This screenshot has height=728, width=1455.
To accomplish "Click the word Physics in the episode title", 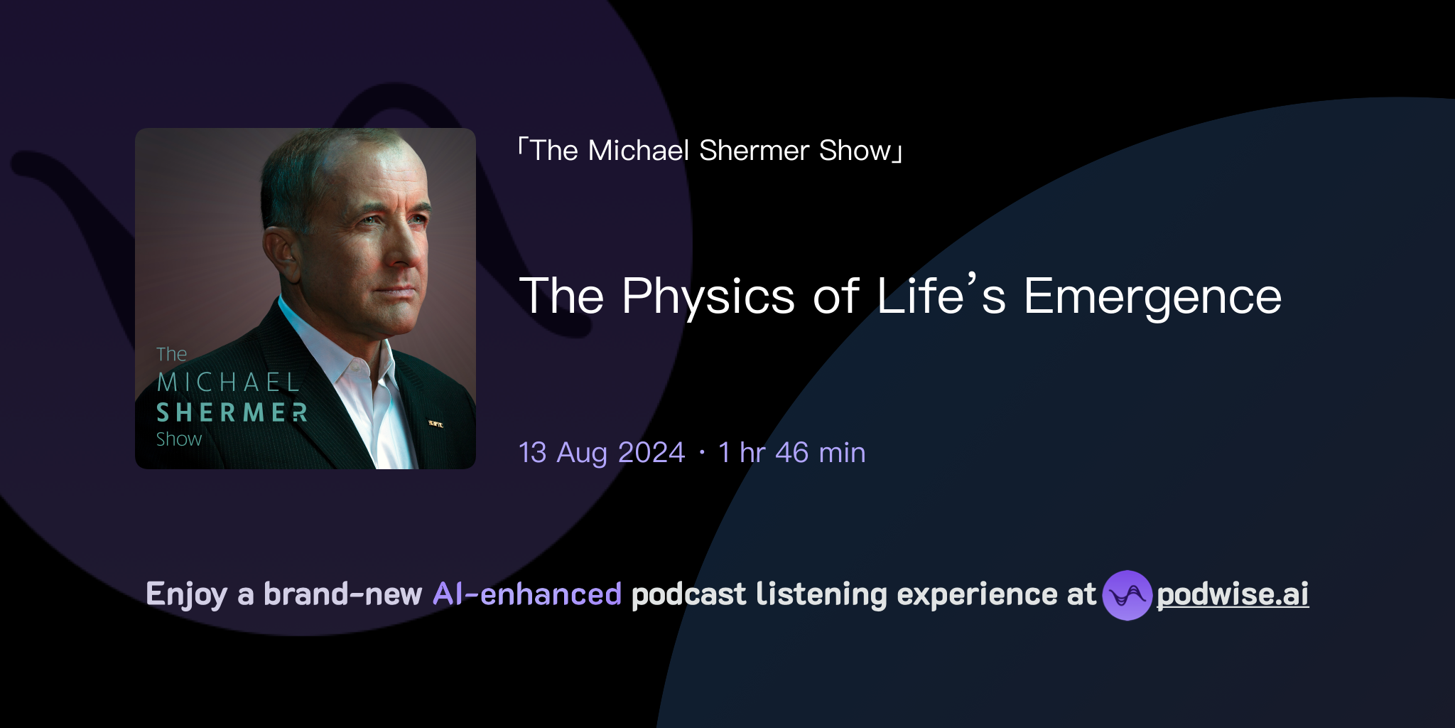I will pos(708,296).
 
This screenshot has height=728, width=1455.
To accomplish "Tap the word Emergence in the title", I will pos(1152,296).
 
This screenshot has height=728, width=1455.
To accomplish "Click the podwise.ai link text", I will pos(1233,594).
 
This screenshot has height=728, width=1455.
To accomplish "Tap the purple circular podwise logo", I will pos(1127,595).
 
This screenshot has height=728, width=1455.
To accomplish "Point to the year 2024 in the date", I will pos(651,453).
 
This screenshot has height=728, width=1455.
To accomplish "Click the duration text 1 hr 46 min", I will pos(791,453).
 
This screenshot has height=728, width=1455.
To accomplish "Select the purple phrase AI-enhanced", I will pos(527,594).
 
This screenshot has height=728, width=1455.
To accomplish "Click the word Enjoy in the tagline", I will pos(186,594).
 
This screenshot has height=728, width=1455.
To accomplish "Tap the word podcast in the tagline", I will pos(688,594).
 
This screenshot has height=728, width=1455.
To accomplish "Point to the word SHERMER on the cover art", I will pos(232,412).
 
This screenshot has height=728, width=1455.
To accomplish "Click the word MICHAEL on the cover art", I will pos(228,382).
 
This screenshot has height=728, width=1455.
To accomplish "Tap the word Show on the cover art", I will pos(179,439).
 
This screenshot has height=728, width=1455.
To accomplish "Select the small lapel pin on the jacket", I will pos(436,424).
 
